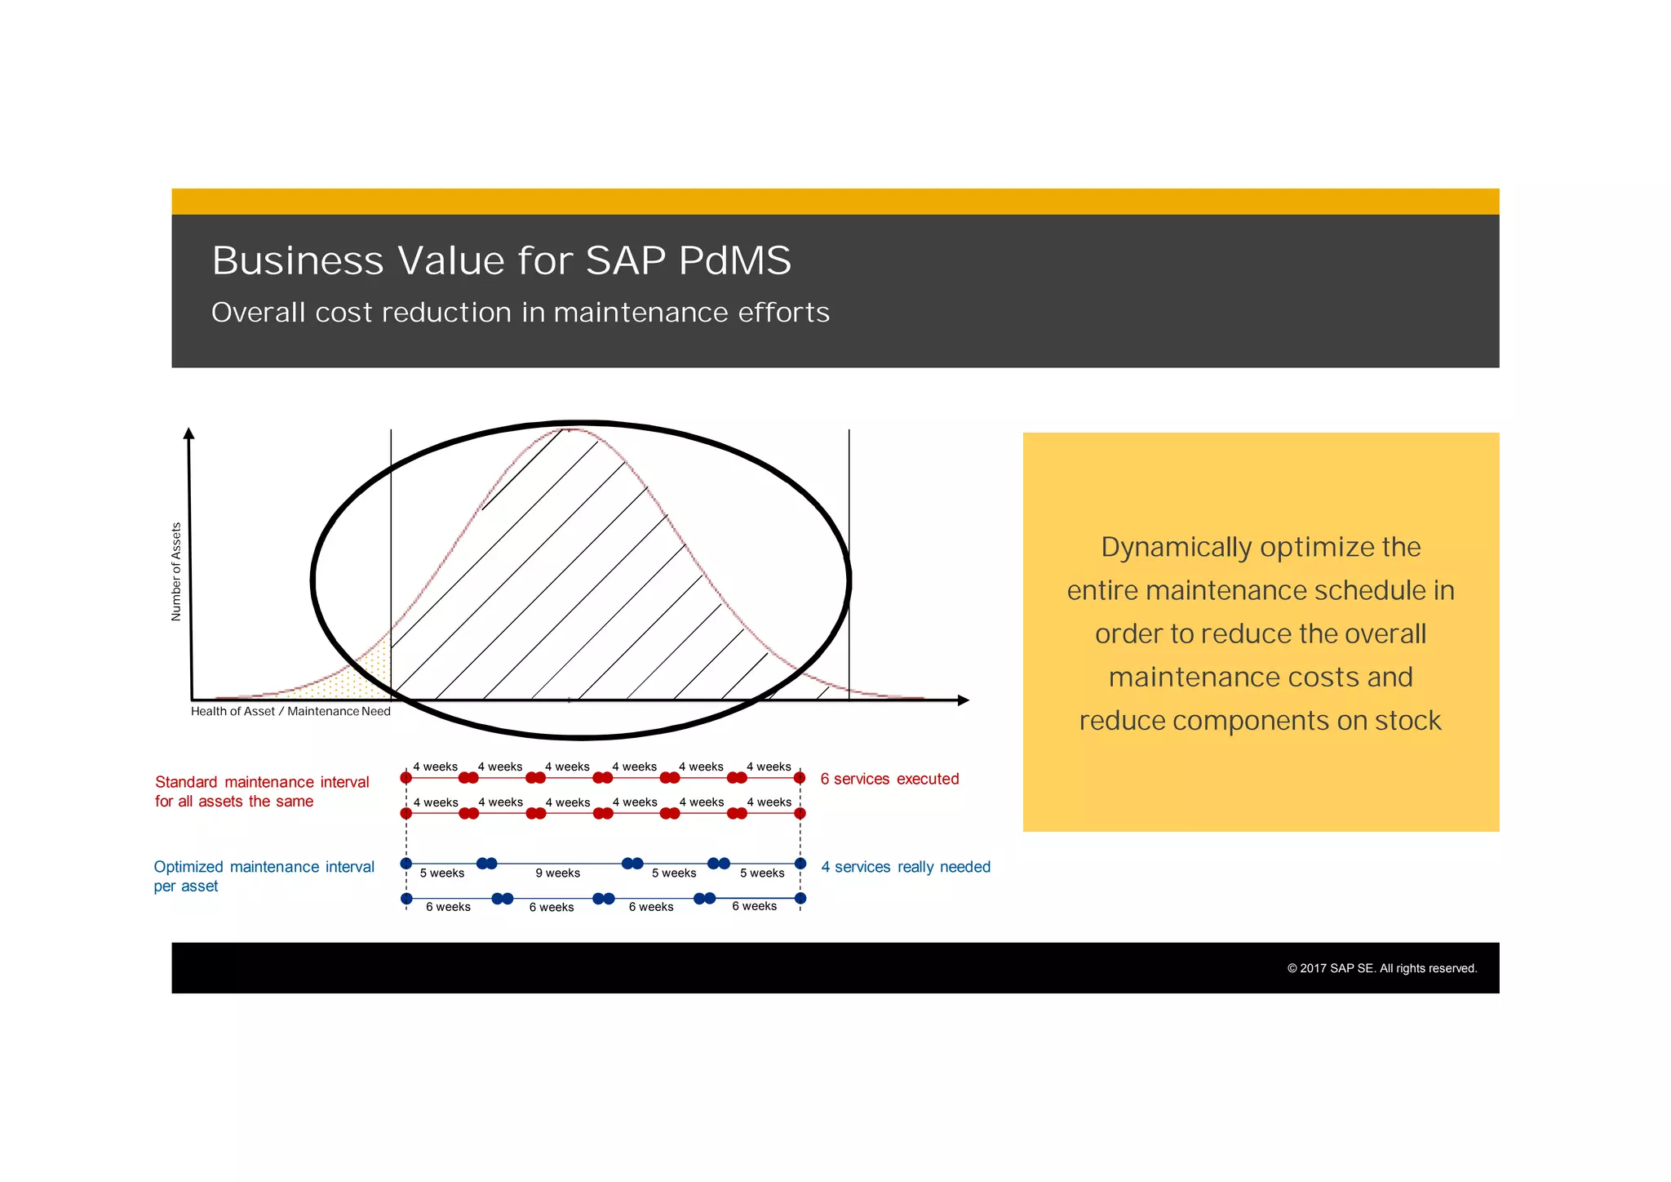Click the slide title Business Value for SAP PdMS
click(501, 261)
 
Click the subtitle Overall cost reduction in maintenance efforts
click(520, 313)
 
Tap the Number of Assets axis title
click(176, 571)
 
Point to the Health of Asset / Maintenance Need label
click(290, 712)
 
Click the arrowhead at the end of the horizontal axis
click(963, 700)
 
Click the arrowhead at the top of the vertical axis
click(189, 433)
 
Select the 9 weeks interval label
click(557, 873)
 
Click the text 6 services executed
click(889, 780)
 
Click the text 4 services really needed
click(906, 867)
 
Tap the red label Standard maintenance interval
click(262, 782)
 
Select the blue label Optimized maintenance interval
click(264, 867)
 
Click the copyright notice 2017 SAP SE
click(1382, 969)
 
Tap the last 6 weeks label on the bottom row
click(754, 907)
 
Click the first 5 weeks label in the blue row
click(441, 873)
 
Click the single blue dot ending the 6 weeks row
click(800, 899)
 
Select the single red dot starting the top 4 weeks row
click(406, 778)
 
